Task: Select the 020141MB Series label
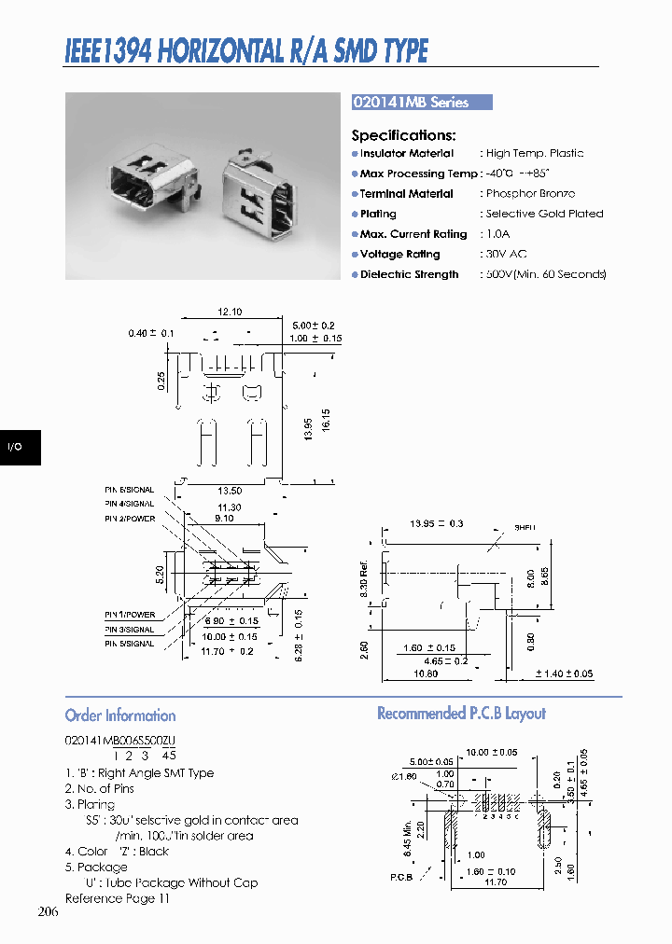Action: pyautogui.click(x=411, y=103)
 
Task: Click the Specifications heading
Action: pyautogui.click(x=403, y=135)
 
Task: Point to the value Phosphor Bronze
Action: pyautogui.click(x=530, y=194)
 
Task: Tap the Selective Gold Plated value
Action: pyautogui.click(x=544, y=214)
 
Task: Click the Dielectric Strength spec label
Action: pyautogui.click(x=409, y=274)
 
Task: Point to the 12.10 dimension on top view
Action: pyautogui.click(x=230, y=312)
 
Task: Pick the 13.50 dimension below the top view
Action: pyautogui.click(x=230, y=491)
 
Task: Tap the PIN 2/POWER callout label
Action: pyautogui.click(x=130, y=519)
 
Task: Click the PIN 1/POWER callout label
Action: pyautogui.click(x=130, y=615)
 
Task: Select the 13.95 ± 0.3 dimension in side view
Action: pyautogui.click(x=437, y=525)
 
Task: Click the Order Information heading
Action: pyautogui.click(x=120, y=715)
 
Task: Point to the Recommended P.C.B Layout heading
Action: pyautogui.click(x=461, y=714)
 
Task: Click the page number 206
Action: pyautogui.click(x=49, y=911)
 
